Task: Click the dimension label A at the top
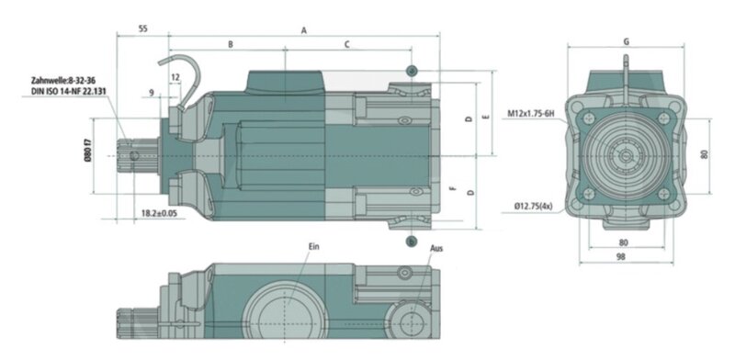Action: coord(304,30)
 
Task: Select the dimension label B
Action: coord(231,44)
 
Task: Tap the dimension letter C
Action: coord(347,44)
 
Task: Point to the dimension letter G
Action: coord(627,41)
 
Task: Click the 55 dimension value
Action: coord(143,28)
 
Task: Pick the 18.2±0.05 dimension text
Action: coord(159,213)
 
